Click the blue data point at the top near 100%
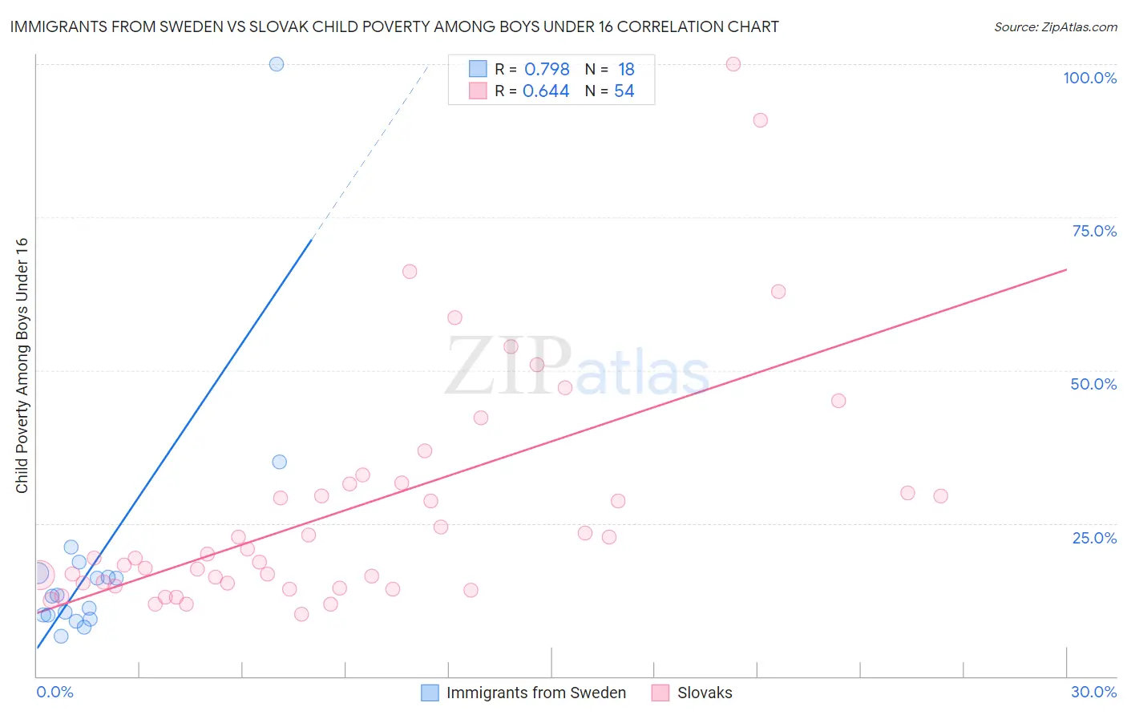point(277,64)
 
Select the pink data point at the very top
point(733,64)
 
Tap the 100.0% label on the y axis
point(1089,78)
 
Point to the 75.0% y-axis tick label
point(1094,231)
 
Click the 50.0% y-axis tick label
point(1093,384)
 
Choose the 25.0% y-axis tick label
point(1094,538)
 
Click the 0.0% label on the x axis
point(55,692)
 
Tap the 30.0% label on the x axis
point(1093,692)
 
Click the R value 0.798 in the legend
point(547,70)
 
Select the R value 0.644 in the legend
point(546,91)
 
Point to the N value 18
point(626,70)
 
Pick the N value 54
point(624,91)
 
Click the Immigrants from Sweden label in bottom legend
point(535,693)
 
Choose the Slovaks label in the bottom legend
point(705,693)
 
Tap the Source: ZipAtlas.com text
point(1056,26)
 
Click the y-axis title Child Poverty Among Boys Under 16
point(22,366)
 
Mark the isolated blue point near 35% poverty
point(279,462)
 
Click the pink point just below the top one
point(760,120)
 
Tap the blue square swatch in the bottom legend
point(430,693)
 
